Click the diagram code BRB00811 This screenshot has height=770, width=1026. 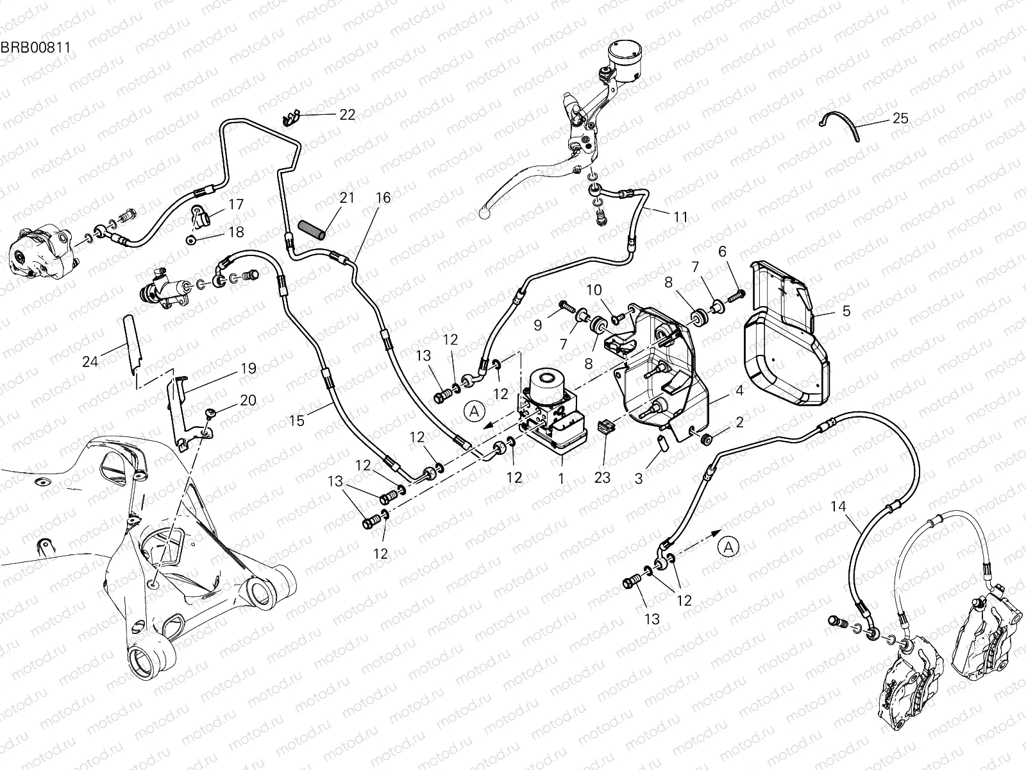point(35,47)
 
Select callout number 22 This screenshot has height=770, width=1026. point(347,115)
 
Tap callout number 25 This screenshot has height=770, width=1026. point(918,119)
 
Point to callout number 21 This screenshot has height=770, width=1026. point(347,198)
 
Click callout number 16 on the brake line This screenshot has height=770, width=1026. point(383,198)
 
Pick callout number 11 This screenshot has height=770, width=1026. point(680,218)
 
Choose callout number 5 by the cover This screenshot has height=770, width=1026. point(846,311)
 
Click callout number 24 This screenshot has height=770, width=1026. point(90,362)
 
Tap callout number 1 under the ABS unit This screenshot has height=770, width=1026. point(561,479)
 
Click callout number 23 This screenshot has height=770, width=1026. point(603,477)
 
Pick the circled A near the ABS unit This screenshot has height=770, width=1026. point(474,411)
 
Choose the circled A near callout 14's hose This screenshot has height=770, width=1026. point(728,547)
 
